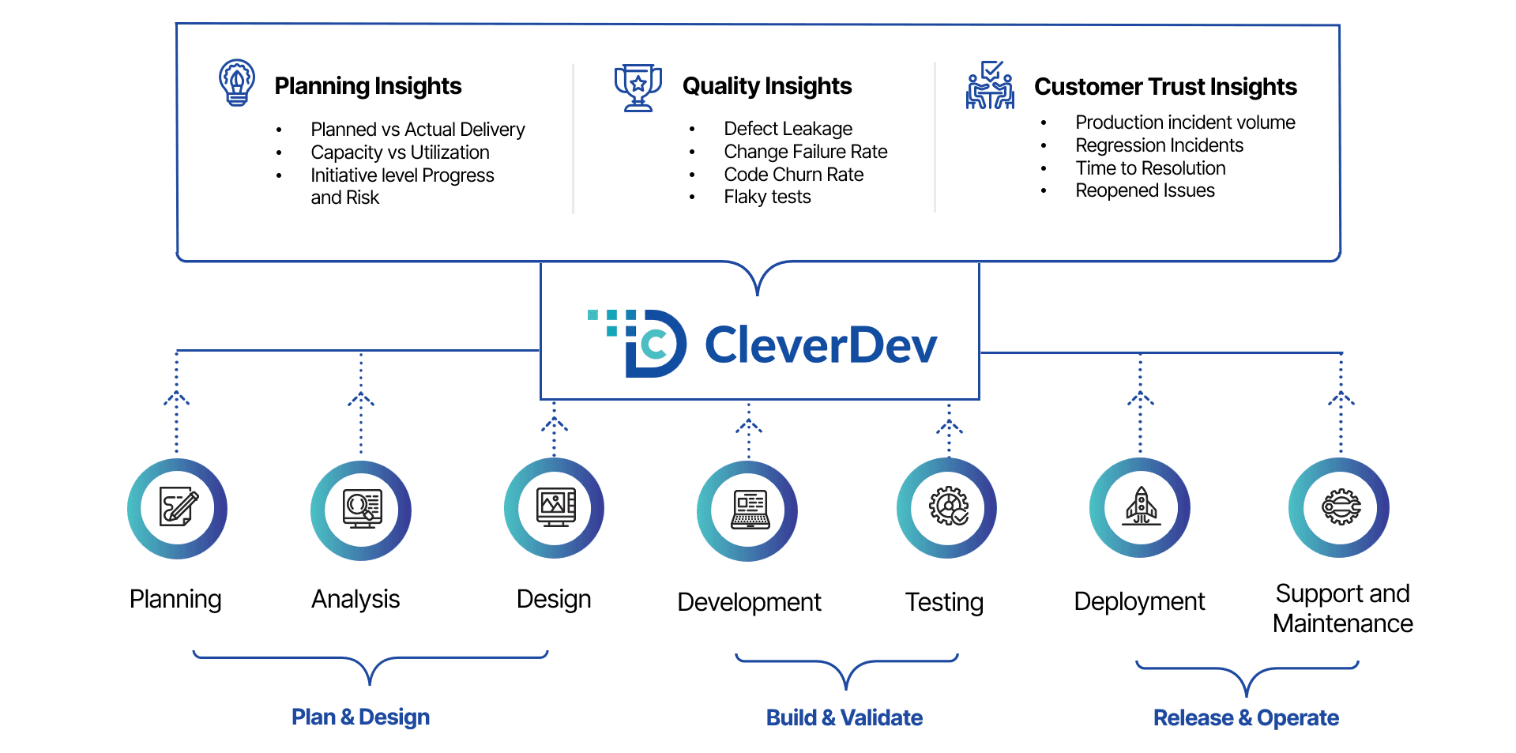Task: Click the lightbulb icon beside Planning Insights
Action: tap(236, 82)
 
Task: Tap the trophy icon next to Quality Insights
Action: tap(638, 87)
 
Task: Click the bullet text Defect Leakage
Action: tap(788, 129)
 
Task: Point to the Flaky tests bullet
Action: tap(767, 197)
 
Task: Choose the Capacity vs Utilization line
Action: tap(400, 152)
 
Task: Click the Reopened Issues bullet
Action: tap(1145, 190)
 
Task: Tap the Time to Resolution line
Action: tap(1150, 168)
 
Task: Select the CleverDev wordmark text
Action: tap(820, 345)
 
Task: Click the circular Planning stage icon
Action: tap(178, 508)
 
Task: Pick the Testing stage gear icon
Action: tap(947, 507)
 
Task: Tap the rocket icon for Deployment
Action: tap(1141, 507)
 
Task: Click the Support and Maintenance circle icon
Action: tap(1340, 507)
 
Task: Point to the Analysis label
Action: tap(355, 599)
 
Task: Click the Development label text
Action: tap(749, 602)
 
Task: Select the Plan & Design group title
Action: tap(360, 717)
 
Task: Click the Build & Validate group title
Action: tap(844, 717)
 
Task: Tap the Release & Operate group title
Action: tap(1246, 717)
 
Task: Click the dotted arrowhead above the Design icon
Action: tap(555, 424)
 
